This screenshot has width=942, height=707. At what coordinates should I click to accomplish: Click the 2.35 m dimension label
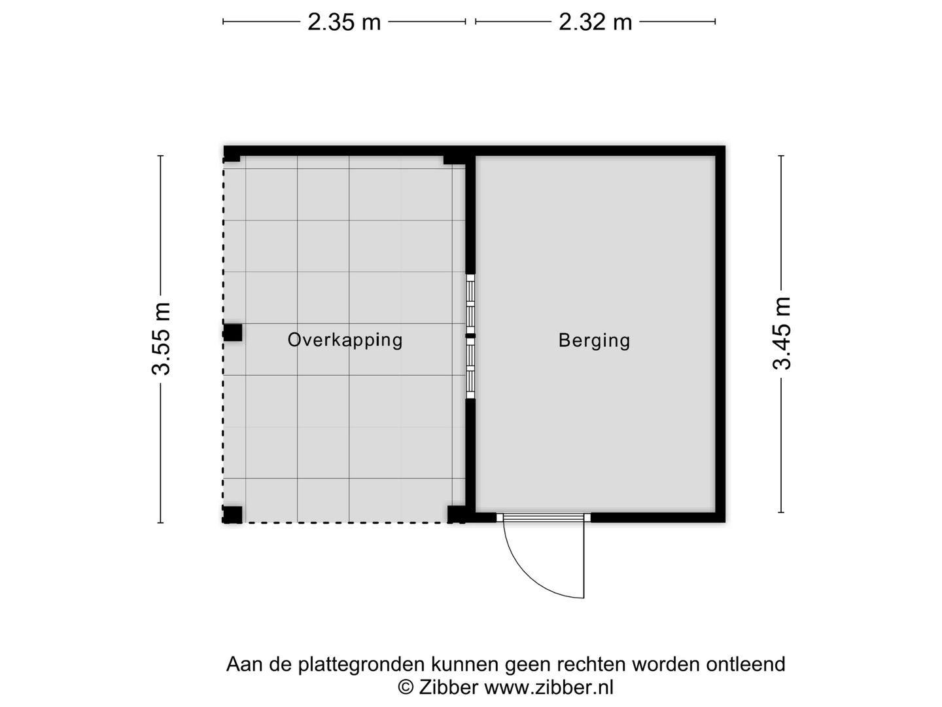pos(344,22)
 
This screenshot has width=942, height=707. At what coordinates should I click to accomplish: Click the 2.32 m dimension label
pos(595,22)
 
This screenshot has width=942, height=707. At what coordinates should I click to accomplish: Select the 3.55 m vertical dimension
pos(161,338)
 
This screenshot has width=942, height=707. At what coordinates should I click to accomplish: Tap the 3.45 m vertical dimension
pos(782,334)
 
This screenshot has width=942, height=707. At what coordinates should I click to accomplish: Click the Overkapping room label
pos(345,340)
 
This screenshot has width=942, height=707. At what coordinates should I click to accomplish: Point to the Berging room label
pos(594,340)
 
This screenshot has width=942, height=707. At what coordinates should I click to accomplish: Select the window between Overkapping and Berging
pos(470,336)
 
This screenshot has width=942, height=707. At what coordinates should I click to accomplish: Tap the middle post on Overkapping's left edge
pos(233,333)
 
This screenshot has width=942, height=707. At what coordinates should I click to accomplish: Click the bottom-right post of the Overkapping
pos(456,514)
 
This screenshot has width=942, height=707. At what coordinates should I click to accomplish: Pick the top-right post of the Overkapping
pos(453,159)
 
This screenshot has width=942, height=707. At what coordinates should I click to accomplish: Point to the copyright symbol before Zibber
pos(406,687)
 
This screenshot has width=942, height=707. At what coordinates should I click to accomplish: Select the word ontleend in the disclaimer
pos(745,664)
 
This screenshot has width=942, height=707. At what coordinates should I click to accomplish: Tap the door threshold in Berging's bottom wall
pos(543,517)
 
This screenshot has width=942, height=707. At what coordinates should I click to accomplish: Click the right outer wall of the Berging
pos(720,334)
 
